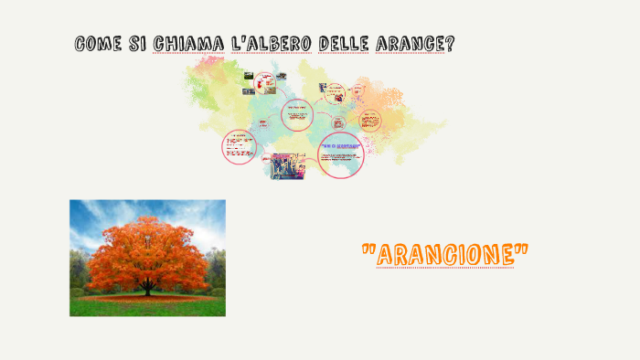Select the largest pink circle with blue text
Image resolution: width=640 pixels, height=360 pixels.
pos(340,154)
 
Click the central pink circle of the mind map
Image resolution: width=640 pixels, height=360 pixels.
pos(295,115)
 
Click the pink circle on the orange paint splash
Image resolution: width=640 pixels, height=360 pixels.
pos(369,121)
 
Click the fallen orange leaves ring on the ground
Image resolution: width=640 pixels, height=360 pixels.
pos(146,297)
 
